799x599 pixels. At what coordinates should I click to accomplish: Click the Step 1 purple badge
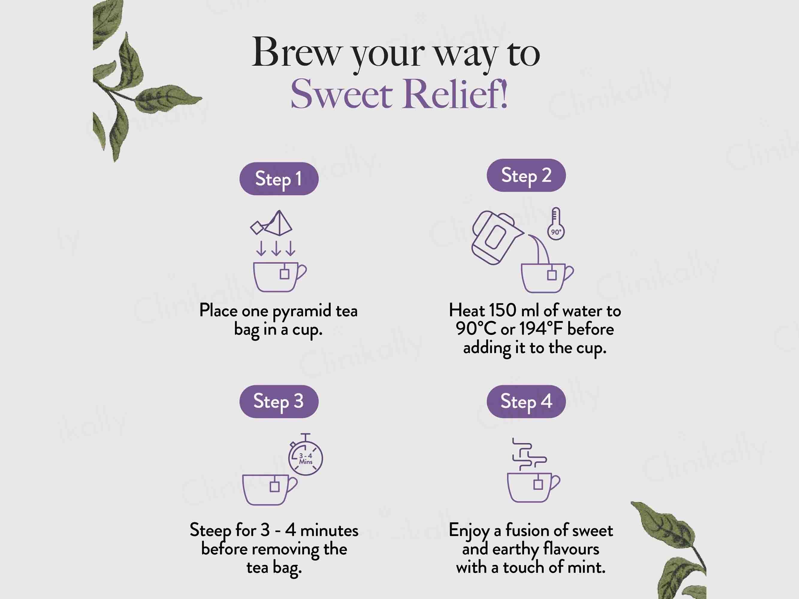coord(279,179)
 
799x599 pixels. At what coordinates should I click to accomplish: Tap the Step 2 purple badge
coord(526,175)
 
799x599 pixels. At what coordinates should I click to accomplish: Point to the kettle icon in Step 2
coord(496,237)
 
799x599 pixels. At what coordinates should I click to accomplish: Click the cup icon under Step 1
coord(280,276)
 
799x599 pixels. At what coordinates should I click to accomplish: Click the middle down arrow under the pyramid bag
coord(276,248)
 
